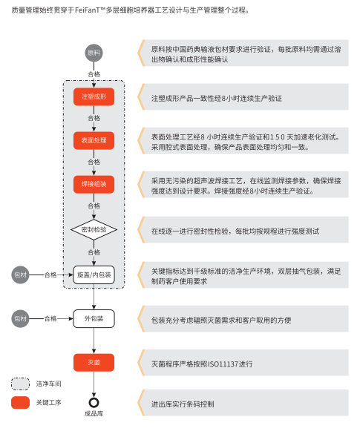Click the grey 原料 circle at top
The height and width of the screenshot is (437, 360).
pyautogui.click(x=94, y=53)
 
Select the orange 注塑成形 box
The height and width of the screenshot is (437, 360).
pyautogui.click(x=94, y=97)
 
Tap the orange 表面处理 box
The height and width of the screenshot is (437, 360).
pyautogui.click(x=94, y=140)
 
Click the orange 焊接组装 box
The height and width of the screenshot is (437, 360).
pyautogui.click(x=94, y=184)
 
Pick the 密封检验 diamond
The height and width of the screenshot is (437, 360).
pyautogui.click(x=94, y=230)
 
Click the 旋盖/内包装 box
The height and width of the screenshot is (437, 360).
pyautogui.click(x=94, y=275)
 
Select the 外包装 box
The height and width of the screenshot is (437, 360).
pyautogui.click(x=94, y=318)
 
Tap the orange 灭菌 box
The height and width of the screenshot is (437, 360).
pyautogui.click(x=94, y=363)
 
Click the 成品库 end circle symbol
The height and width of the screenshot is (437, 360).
pyautogui.click(x=94, y=403)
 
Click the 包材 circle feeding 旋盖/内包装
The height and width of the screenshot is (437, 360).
pyautogui.click(x=21, y=275)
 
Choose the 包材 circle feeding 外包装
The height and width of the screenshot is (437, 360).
pyautogui.click(x=21, y=318)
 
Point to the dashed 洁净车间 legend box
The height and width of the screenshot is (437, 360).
pyautogui.click(x=21, y=384)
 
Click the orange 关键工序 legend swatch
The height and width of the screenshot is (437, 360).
pyautogui.click(x=21, y=403)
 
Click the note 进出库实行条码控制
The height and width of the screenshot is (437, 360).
pyautogui.click(x=183, y=404)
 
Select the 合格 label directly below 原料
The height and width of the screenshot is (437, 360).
pyautogui.click(x=94, y=74)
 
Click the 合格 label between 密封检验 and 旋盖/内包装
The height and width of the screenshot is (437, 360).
pyautogui.click(x=94, y=252)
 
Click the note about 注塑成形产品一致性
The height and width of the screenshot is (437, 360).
pyautogui.click(x=216, y=98)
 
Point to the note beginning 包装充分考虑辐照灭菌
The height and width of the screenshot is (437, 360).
pyautogui.click(x=220, y=320)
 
